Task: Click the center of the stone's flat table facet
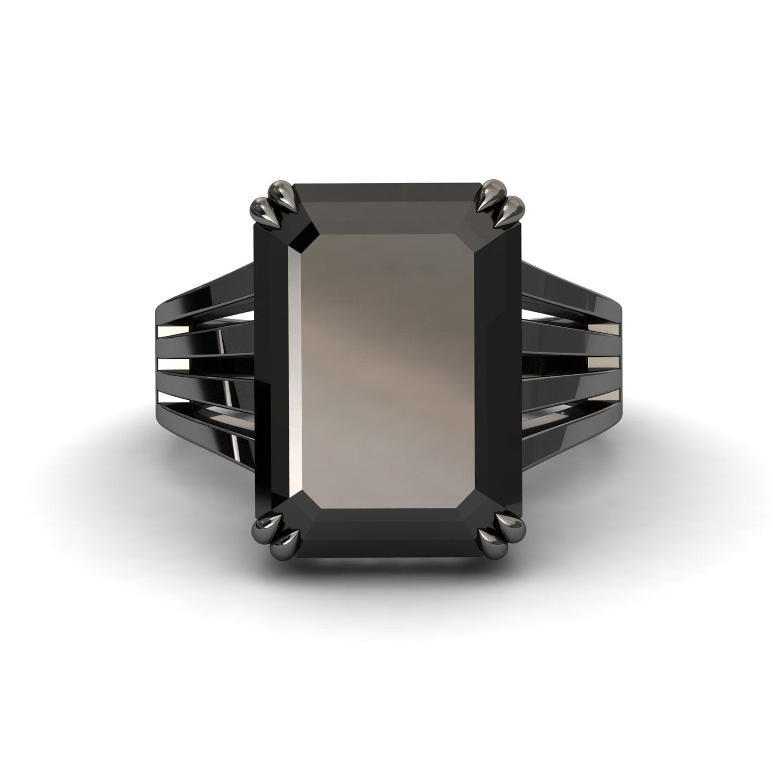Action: tap(388, 370)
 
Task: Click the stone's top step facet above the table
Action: tap(388, 207)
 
